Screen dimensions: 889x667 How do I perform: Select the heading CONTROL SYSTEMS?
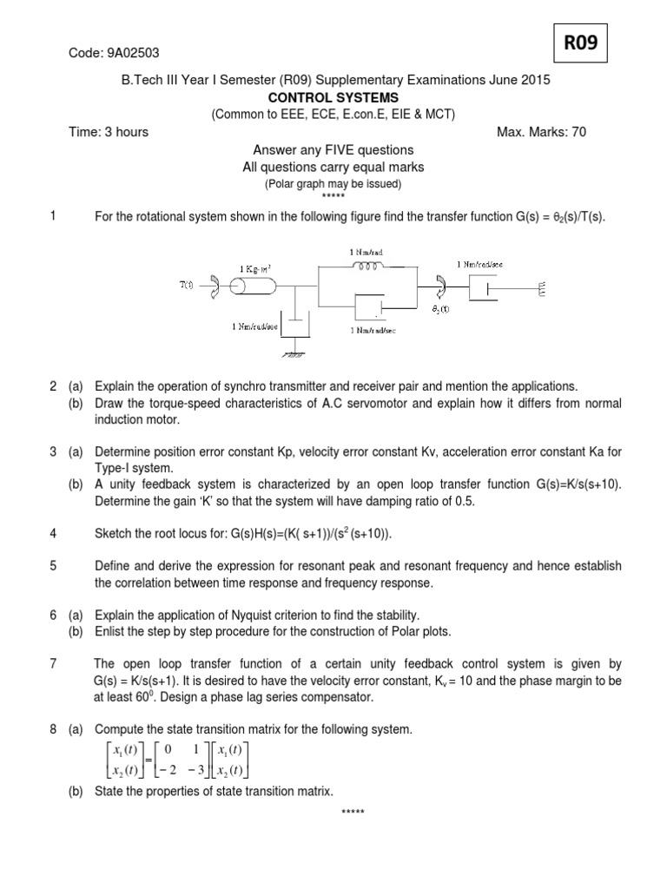pyautogui.click(x=333, y=97)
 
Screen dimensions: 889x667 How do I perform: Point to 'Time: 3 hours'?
pyautogui.click(x=109, y=132)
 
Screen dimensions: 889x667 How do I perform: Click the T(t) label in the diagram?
pyautogui.click(x=187, y=285)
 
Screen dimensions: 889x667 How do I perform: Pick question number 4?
pyautogui.click(x=53, y=532)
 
